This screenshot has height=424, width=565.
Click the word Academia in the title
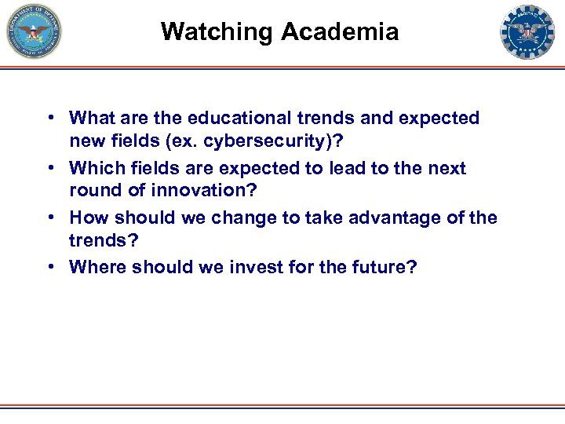(340, 32)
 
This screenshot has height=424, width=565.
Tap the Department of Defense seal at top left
(34, 32)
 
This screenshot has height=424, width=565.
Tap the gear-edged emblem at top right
(527, 32)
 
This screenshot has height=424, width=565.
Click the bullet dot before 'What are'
(49, 119)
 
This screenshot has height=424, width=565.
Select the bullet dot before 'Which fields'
(49, 168)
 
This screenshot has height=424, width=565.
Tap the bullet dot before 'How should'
(49, 217)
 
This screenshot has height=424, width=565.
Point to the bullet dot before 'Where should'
(49, 267)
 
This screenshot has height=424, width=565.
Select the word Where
(96, 267)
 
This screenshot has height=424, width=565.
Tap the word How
(86, 217)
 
